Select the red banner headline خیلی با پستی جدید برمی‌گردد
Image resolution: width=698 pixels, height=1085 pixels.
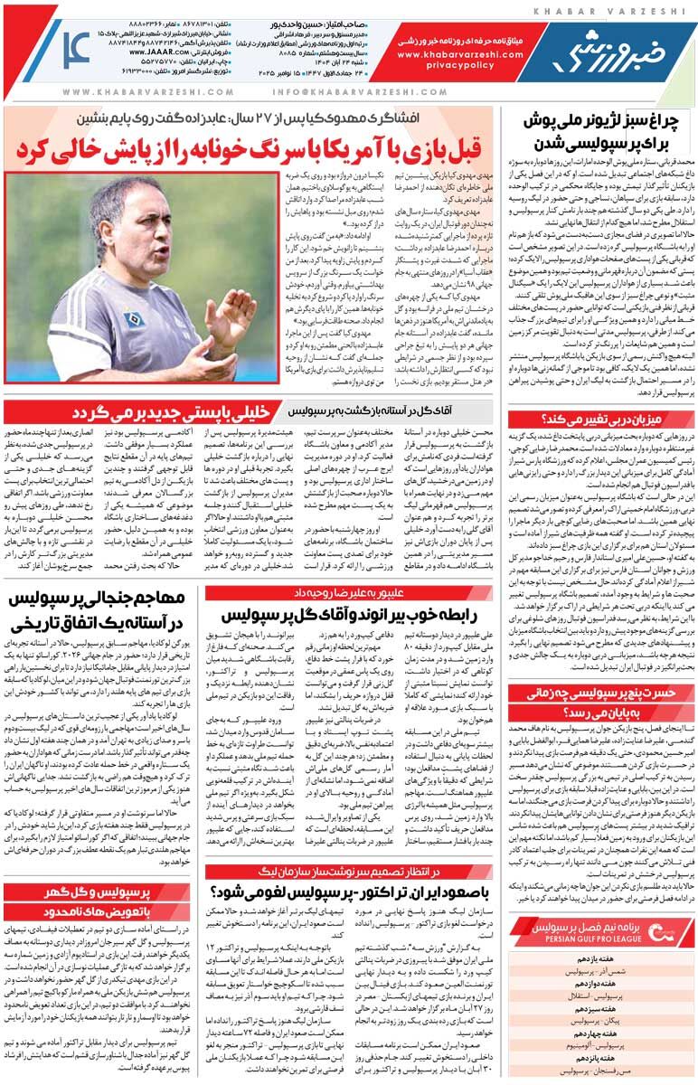(180, 412)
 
